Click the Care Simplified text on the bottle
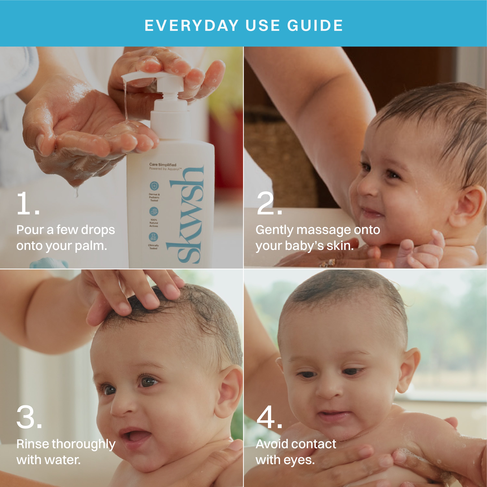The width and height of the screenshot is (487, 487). (x=163, y=165)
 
